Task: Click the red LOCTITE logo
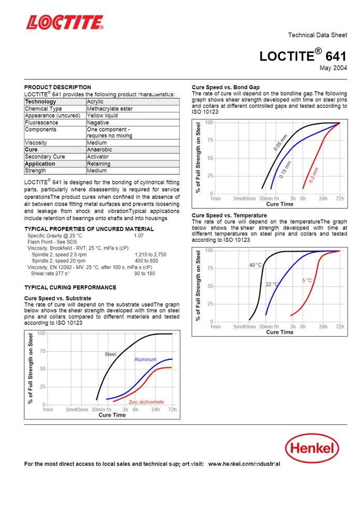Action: pos(65,22)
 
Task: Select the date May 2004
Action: pos(333,68)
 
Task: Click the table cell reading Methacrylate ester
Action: pos(110,109)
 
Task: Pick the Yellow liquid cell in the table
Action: pos(102,116)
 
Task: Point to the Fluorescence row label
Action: pos(41,123)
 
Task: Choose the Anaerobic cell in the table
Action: pos(99,150)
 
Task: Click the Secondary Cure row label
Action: pos(45,156)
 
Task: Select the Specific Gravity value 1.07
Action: pos(139,236)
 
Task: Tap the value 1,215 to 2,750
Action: pos(150,255)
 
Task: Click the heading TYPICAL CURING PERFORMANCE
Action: pos(70,287)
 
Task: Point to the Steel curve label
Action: pos(110,354)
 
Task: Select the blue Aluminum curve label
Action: pos(146,359)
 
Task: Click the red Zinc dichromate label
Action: pos(146,402)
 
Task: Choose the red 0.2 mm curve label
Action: pos(314,175)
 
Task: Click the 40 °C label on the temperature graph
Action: pos(256,265)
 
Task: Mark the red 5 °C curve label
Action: pos(307,280)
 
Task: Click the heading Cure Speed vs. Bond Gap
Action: pos(226,87)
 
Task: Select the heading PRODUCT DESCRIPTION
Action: pos(57,87)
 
